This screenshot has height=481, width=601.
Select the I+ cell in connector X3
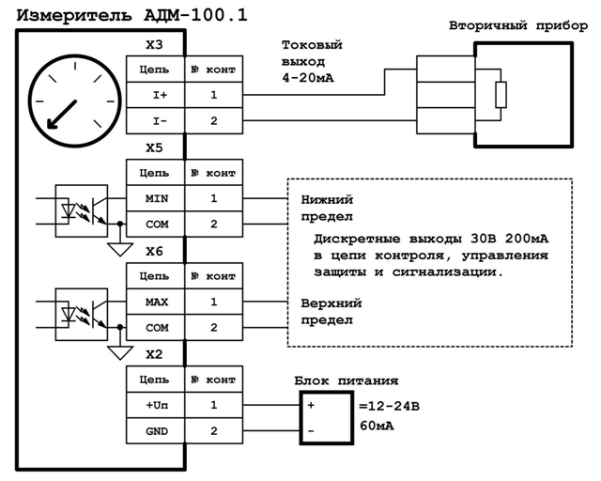154,95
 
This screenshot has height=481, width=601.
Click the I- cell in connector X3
154,120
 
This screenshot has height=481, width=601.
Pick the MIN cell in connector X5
154,198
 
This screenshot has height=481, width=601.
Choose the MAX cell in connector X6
154,302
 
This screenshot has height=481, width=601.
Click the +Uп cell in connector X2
154,405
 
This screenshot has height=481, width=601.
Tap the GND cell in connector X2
154,430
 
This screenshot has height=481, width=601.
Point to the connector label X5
154,148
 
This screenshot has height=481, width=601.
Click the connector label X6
154,252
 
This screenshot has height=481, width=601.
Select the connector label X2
154,355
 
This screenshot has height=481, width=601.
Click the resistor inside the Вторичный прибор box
501,95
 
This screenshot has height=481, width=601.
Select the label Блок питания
346,380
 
